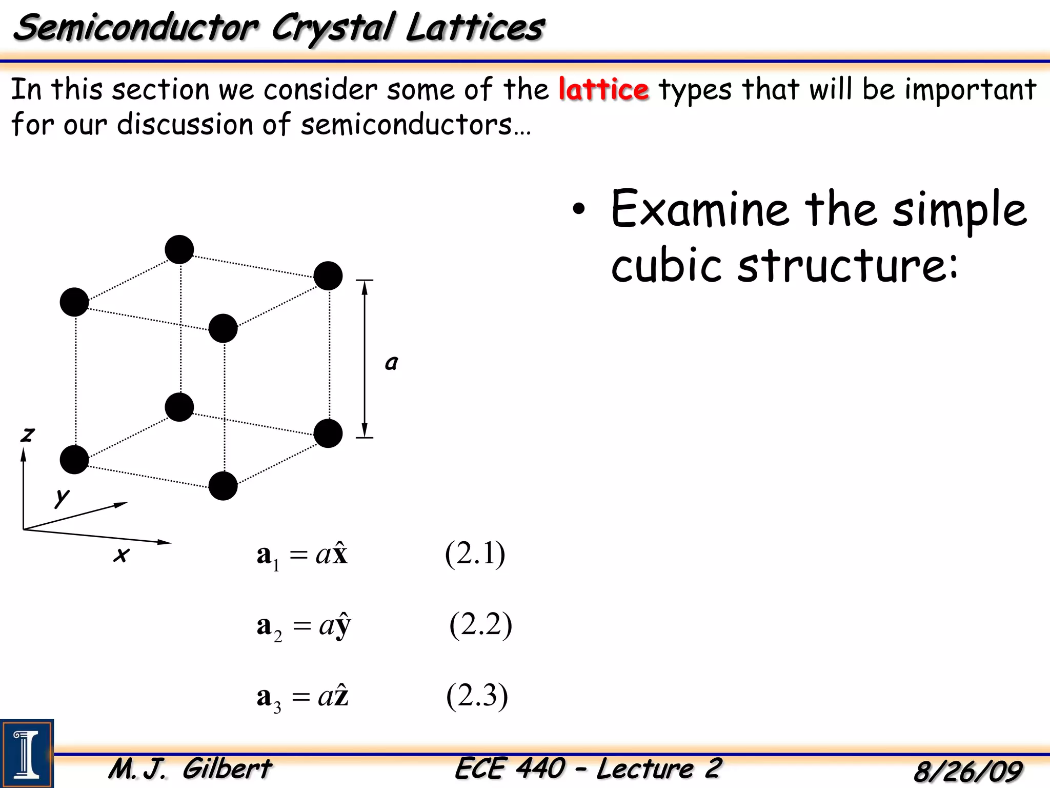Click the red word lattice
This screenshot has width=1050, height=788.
pos(603,89)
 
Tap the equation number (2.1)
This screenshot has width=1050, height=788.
pos(475,554)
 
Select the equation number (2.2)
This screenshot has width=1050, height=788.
pos(480,625)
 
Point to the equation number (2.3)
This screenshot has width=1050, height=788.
pos(477,696)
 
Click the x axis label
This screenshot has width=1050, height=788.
pos(122,555)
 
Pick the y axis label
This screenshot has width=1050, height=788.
pos(62,496)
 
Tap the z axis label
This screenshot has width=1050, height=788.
pos(27,435)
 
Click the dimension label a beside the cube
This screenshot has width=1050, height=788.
pos(391,363)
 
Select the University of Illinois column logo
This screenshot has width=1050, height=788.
pos(27,753)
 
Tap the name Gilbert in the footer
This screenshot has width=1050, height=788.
pos(227,769)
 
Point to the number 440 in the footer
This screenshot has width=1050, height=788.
pos(540,769)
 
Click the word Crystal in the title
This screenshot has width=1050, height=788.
pos(333,28)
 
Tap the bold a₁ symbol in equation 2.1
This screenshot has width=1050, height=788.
pos(267,556)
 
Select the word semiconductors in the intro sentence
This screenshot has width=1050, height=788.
pos(406,124)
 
